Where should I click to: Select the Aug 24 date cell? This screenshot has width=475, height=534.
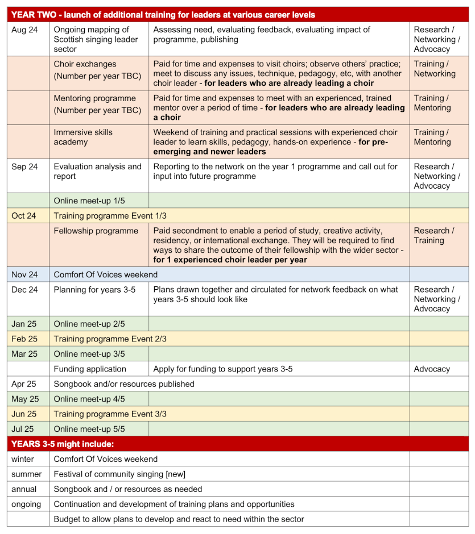coord(24,30)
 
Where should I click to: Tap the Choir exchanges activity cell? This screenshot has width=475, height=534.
coord(98,70)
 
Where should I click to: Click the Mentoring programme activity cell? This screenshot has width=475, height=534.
coord(98,104)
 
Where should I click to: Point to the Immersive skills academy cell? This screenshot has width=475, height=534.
coord(98,137)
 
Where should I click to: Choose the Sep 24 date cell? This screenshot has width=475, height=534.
coord(24,167)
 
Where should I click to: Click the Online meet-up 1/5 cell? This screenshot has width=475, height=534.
coord(98,201)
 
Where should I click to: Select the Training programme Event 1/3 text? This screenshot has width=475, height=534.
coord(110,216)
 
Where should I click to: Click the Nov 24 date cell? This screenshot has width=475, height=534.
coord(24,274)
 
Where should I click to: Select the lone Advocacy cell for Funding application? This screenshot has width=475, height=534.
coord(432,369)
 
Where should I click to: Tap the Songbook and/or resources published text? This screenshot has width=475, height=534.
coord(124,384)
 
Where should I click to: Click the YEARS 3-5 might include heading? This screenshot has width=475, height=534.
coord(63,444)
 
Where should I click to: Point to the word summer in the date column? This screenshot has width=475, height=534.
coord(26,474)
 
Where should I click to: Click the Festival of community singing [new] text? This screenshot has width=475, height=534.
coord(119,474)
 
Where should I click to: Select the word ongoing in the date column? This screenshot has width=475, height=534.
coord(26,504)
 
